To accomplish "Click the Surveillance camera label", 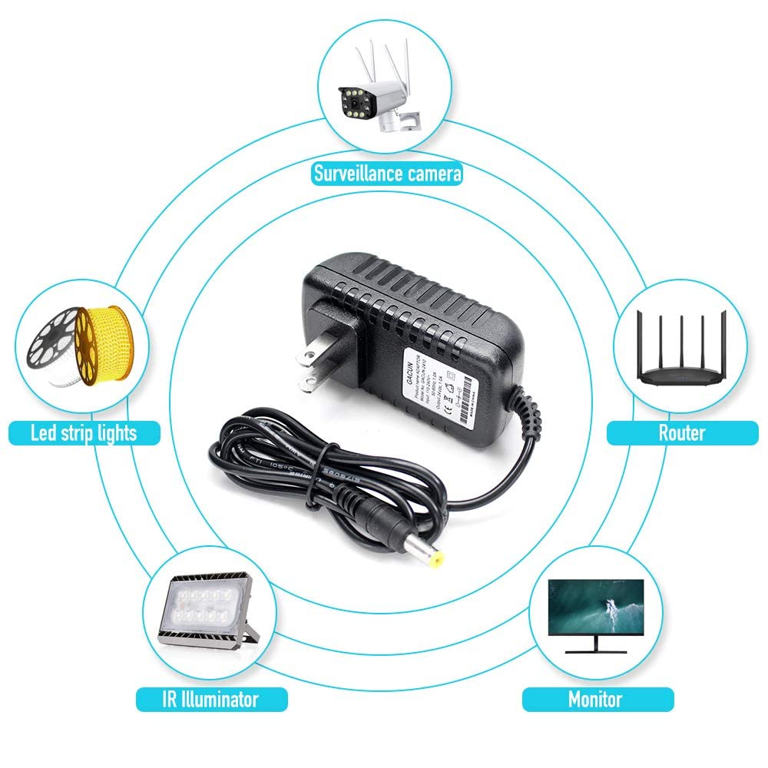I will [x=388, y=173].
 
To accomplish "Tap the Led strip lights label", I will [x=84, y=433].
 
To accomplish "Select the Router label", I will [x=681, y=433].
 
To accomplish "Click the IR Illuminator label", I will [x=211, y=699].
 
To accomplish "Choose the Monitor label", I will [x=595, y=699].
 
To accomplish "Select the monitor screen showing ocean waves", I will [x=595, y=608].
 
